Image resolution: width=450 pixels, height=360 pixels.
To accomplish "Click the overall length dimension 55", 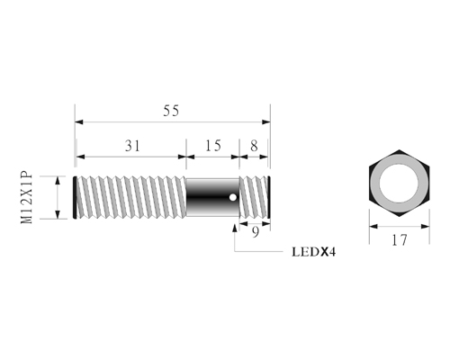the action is point(171,111).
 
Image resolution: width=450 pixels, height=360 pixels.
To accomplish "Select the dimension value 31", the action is point(132,146).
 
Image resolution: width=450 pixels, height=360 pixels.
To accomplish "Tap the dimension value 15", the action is point(213,146).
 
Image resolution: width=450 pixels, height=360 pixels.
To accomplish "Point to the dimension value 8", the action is point(254,146).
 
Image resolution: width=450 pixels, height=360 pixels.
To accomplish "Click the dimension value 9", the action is point(255,232).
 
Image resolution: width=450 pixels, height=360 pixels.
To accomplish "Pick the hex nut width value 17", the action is point(400,240).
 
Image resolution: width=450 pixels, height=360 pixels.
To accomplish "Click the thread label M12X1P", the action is point(26,197).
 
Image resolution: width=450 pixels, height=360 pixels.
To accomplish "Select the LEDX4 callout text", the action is point(314,252).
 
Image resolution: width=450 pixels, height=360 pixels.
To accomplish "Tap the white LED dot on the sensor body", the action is point(232,197).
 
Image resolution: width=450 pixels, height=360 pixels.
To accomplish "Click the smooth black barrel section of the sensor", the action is point(212,197).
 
